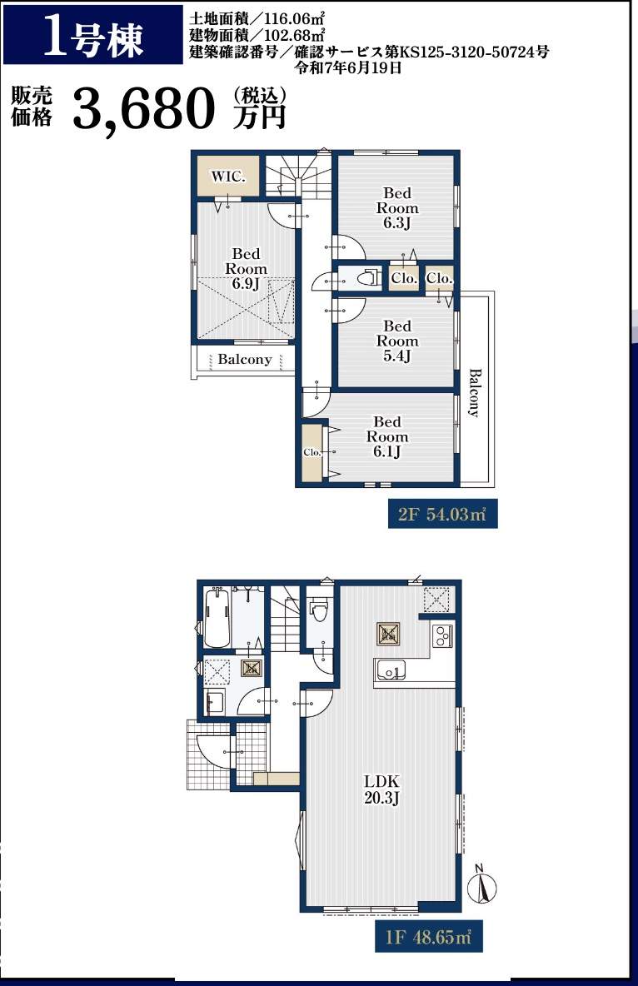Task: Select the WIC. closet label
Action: [228, 177]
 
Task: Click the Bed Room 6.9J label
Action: [246, 268]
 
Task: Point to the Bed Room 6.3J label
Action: [397, 208]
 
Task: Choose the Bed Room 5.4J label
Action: [397, 341]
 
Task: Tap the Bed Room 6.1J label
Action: [387, 436]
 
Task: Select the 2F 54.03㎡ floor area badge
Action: [442, 515]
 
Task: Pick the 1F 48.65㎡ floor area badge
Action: [428, 938]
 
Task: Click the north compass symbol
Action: [482, 884]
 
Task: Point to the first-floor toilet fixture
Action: [319, 608]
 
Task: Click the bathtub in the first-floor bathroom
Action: [217, 619]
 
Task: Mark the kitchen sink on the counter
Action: [390, 672]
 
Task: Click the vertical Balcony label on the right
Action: [475, 392]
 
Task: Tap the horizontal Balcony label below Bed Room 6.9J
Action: [245, 360]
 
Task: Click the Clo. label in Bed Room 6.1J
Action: [312, 452]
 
